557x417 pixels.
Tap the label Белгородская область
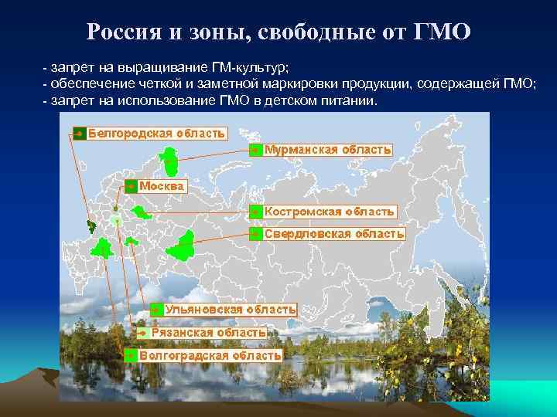coord(156,133)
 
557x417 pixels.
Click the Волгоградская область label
coord(210,355)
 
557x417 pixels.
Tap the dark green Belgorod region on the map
coord(91,226)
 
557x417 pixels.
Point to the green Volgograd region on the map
coord(101,248)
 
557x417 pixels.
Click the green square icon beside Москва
coord(131,186)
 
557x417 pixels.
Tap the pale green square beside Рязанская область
coord(143,333)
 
